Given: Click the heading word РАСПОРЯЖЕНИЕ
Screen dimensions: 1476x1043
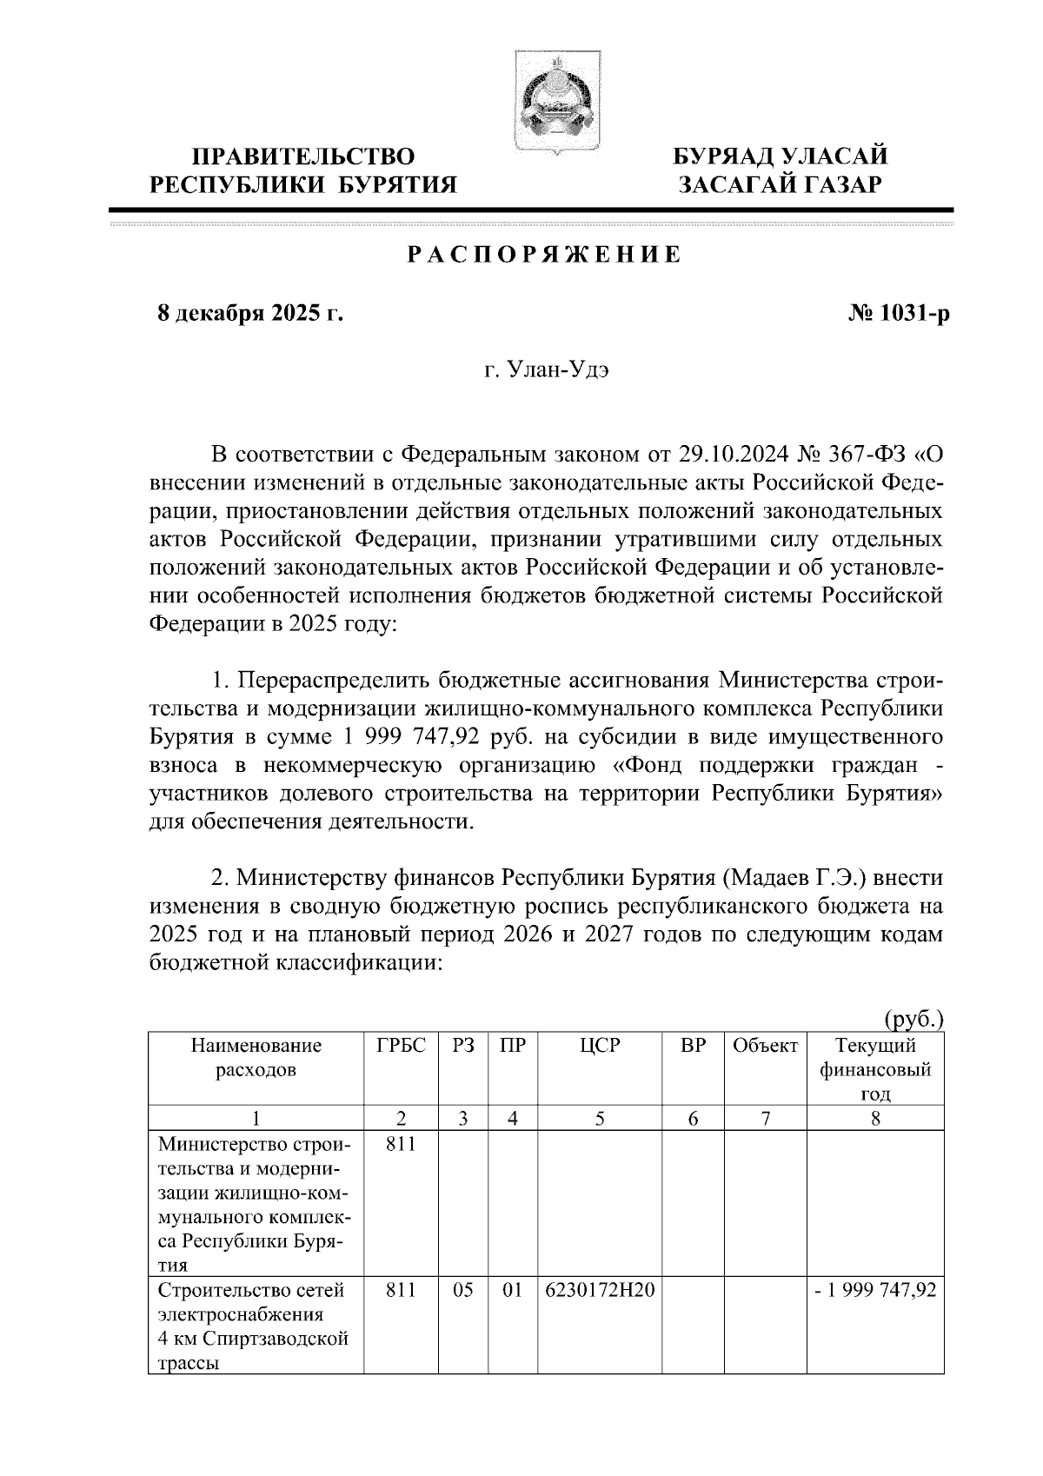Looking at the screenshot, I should coord(545,256).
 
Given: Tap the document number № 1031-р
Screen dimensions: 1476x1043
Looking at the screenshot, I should coord(898,314).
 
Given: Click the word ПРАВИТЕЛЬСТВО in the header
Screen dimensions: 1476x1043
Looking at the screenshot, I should coord(303,156).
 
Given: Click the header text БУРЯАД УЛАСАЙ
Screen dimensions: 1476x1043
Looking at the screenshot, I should coord(781,156).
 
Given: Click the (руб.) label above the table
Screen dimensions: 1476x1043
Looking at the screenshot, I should coord(913,1018).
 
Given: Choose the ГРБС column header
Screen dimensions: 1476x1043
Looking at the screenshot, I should coord(401,1046).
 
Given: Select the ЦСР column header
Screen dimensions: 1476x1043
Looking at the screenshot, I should coord(600,1046).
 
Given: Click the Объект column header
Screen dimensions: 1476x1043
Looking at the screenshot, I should coord(765,1046).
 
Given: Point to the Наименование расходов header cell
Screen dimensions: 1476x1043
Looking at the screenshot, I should coord(256,1058).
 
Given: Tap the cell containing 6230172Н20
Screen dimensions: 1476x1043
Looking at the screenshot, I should coord(600,1291).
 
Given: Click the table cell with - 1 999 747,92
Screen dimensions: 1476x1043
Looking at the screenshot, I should coord(875,1291).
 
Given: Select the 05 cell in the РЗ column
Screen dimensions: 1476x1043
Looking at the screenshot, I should coord(463,1291).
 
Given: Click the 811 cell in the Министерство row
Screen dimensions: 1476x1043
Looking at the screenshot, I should coord(401,1144).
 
